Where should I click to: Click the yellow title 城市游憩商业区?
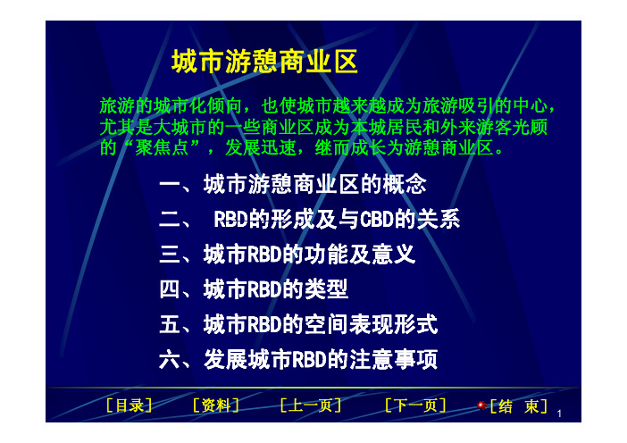click(264, 62)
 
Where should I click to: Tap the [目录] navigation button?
click(129, 405)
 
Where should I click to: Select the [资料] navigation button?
click(215, 405)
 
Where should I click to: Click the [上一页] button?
click(310, 405)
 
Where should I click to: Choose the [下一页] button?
click(415, 405)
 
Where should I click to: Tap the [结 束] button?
click(518, 406)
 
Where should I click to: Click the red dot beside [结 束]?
click(481, 405)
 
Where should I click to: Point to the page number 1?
click(559, 414)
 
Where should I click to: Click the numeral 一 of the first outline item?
click(170, 185)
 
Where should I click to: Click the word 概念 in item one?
click(405, 184)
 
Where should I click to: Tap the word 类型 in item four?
click(326, 289)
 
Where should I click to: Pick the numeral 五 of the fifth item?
click(170, 324)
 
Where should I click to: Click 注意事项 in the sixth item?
click(394, 359)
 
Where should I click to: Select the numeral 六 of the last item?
click(170, 359)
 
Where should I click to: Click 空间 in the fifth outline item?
click(326, 324)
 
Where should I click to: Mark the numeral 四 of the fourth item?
click(170, 289)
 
